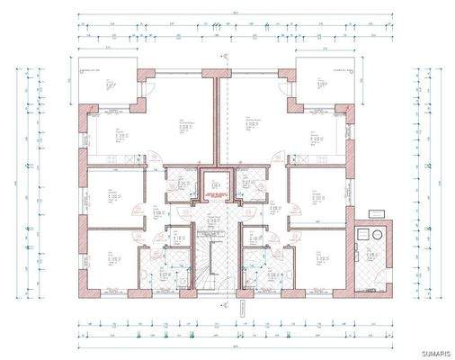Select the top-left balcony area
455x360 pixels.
pos(107,86)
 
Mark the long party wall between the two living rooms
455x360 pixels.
pos(217,121)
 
